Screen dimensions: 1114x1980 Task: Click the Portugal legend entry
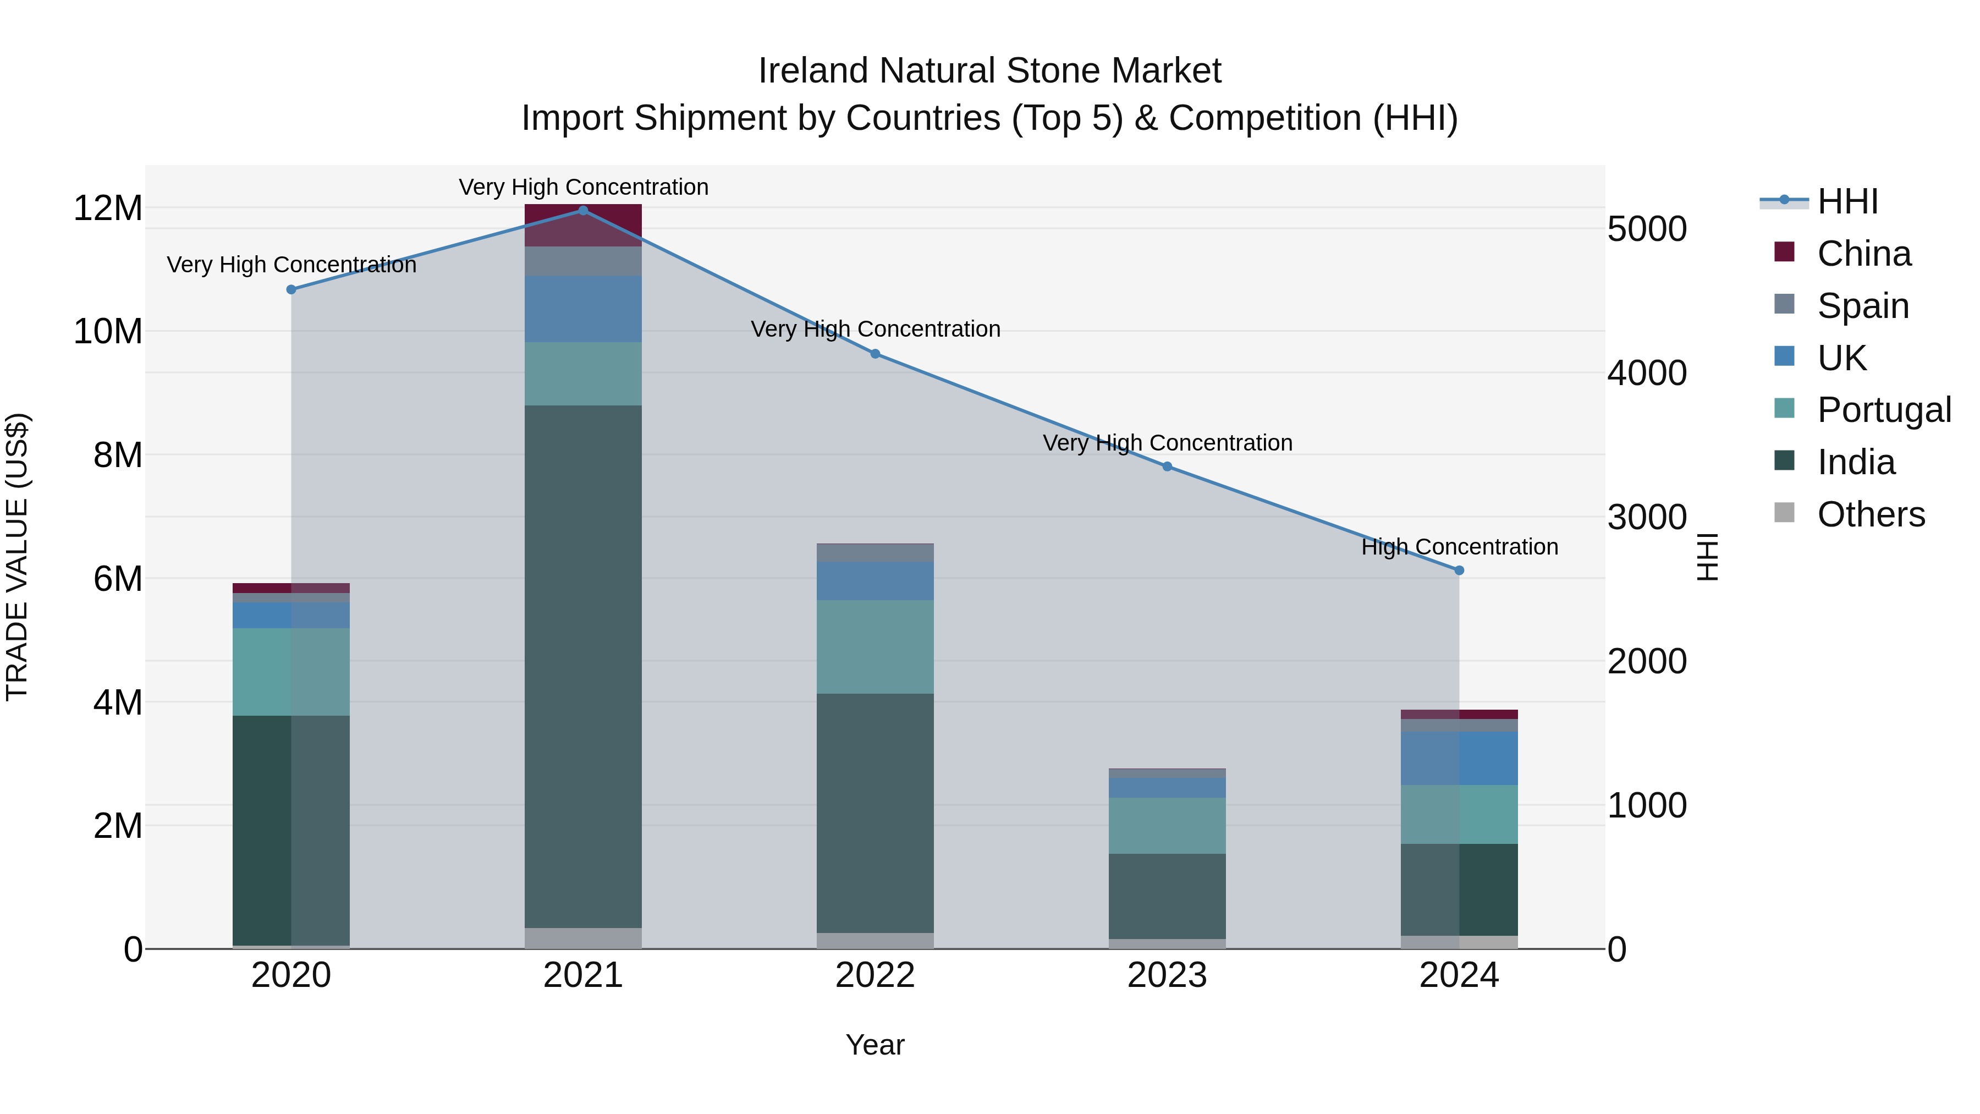click(1883, 410)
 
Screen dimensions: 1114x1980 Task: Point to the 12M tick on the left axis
click(108, 208)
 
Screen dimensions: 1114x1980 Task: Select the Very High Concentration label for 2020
click(291, 265)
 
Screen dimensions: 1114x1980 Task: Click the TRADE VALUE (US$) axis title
click(17, 557)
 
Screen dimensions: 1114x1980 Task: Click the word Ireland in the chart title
click(813, 71)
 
